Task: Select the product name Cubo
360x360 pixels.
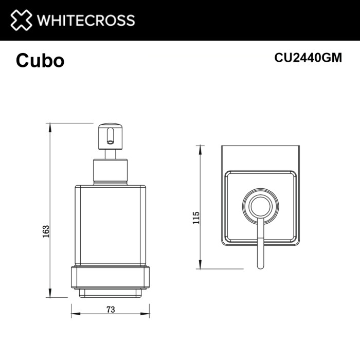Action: (40, 61)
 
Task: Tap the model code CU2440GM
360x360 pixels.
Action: (308, 58)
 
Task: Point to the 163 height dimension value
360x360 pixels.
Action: (46, 231)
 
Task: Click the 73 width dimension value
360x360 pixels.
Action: (110, 309)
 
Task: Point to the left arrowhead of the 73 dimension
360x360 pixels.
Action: (74, 315)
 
